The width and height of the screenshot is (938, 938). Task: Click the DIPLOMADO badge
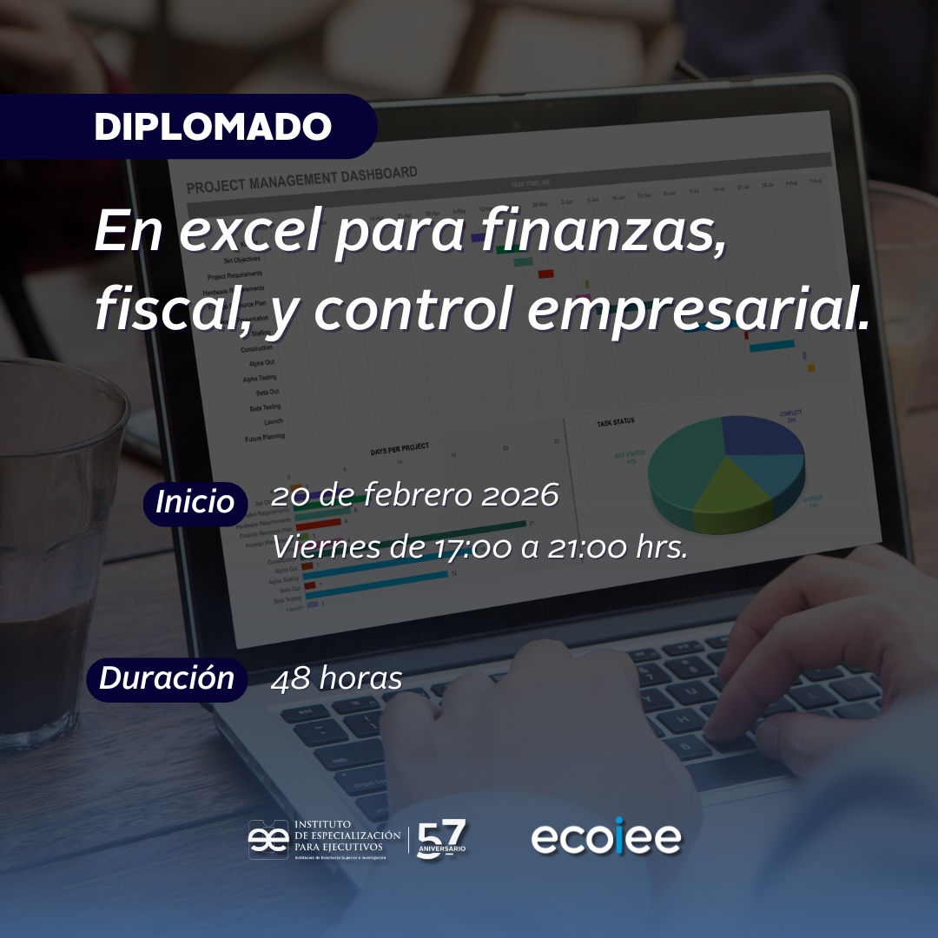[213, 127]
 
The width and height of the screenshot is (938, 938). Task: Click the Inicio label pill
[195, 503]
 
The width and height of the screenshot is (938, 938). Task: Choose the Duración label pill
[167, 678]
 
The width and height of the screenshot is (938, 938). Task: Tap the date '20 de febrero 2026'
[414, 496]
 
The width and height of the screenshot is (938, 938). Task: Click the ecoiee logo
[606, 839]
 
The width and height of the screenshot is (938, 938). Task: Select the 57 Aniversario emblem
[442, 839]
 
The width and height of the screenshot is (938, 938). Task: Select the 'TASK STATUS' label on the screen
[615, 422]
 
